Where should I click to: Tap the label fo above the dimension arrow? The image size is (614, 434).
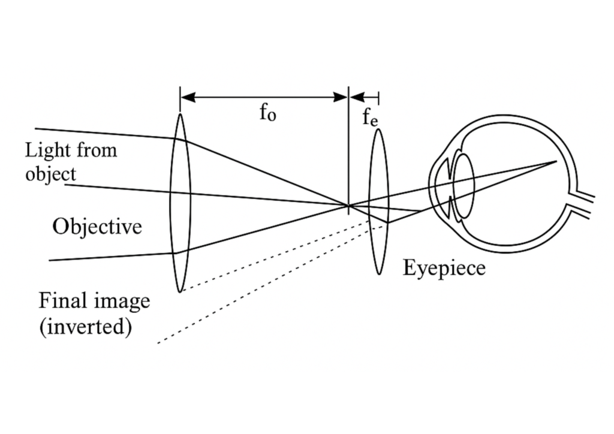point(267,113)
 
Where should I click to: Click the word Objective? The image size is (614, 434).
point(97,227)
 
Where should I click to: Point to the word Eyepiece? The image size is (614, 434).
point(444,267)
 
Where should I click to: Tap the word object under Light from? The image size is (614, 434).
point(50,174)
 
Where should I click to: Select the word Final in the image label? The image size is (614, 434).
point(60,300)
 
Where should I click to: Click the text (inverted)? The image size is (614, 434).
point(85,327)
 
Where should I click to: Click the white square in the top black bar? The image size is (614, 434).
point(189,33)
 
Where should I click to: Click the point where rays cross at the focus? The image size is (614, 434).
point(348,206)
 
